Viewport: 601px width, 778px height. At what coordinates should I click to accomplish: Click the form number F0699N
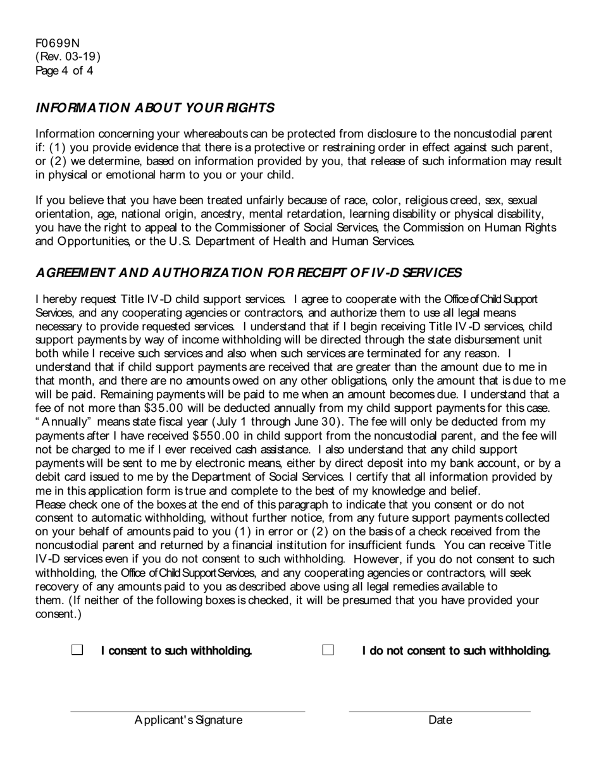pos(58,43)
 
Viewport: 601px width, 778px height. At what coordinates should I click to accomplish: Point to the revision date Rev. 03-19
pos(68,57)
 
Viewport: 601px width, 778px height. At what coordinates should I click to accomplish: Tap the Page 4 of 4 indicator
pos(65,71)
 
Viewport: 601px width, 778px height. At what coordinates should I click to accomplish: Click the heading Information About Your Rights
pos(155,108)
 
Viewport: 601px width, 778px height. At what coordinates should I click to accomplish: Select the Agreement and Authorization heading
pos(249,273)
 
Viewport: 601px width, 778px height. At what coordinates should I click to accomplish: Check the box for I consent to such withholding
pos(77,650)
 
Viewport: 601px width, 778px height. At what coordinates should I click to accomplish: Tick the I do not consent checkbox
pos(328,650)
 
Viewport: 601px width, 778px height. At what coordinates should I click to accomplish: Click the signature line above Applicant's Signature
pos(187,710)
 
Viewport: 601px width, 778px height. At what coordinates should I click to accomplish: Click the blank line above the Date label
pos(440,710)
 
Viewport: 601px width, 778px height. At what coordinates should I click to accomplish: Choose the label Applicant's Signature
pos(188,720)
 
